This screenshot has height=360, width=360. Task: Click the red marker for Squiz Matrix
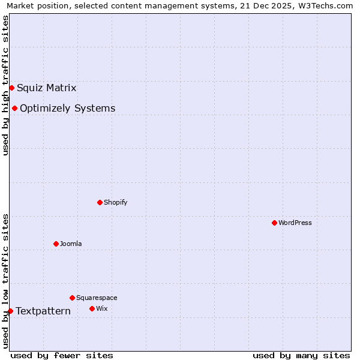click(11, 88)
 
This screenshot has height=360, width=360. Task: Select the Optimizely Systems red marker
click(14, 108)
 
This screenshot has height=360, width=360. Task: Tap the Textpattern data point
click(10, 311)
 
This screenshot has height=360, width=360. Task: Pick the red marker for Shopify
click(100, 202)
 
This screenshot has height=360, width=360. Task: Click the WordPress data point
click(274, 223)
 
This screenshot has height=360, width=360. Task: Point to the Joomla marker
click(56, 244)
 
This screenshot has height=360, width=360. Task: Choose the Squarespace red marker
click(72, 298)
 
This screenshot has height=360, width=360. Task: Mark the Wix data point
click(92, 308)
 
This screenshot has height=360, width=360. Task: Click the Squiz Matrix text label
click(46, 88)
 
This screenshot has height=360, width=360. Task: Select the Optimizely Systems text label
click(67, 109)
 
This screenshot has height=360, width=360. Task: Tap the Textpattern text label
click(43, 311)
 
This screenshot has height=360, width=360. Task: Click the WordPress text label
click(295, 223)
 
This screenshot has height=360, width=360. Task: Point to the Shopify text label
click(115, 202)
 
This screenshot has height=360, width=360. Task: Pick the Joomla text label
click(71, 244)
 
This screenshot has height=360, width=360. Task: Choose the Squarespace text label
click(97, 298)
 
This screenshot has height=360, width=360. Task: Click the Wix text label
click(101, 308)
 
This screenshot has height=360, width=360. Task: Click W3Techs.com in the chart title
click(328, 6)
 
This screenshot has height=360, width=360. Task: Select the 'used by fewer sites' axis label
click(62, 355)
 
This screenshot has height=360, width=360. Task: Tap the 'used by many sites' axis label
click(301, 355)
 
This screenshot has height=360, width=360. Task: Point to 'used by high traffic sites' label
click(6, 85)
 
